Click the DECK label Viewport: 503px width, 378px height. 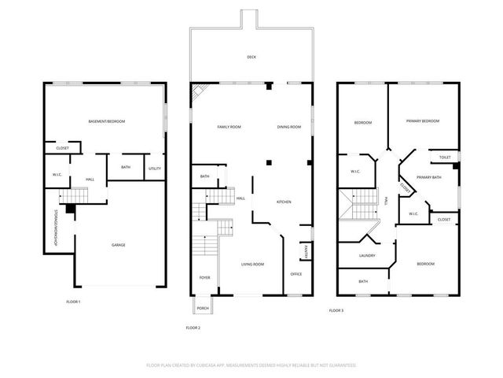[x=251, y=57]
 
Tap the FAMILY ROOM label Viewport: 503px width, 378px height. [x=229, y=127]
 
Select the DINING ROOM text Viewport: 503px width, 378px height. [x=288, y=127]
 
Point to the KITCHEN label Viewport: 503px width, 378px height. [x=284, y=202]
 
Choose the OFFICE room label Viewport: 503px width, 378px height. [x=296, y=273]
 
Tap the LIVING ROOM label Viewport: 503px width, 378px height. [x=251, y=264]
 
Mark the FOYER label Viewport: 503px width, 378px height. [x=204, y=277]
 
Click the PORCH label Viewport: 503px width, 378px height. [x=204, y=307]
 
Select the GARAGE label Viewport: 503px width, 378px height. [x=119, y=245]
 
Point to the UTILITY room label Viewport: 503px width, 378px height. [x=155, y=168]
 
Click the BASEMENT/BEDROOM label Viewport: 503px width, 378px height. [x=106, y=121]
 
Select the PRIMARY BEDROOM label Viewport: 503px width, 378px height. [x=422, y=121]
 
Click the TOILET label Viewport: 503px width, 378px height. [x=445, y=157]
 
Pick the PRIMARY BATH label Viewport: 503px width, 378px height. [x=428, y=177]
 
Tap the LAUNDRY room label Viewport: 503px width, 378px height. [x=367, y=255]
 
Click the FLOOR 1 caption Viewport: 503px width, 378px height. [x=73, y=302]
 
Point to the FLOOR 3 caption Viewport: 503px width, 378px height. [x=336, y=310]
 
